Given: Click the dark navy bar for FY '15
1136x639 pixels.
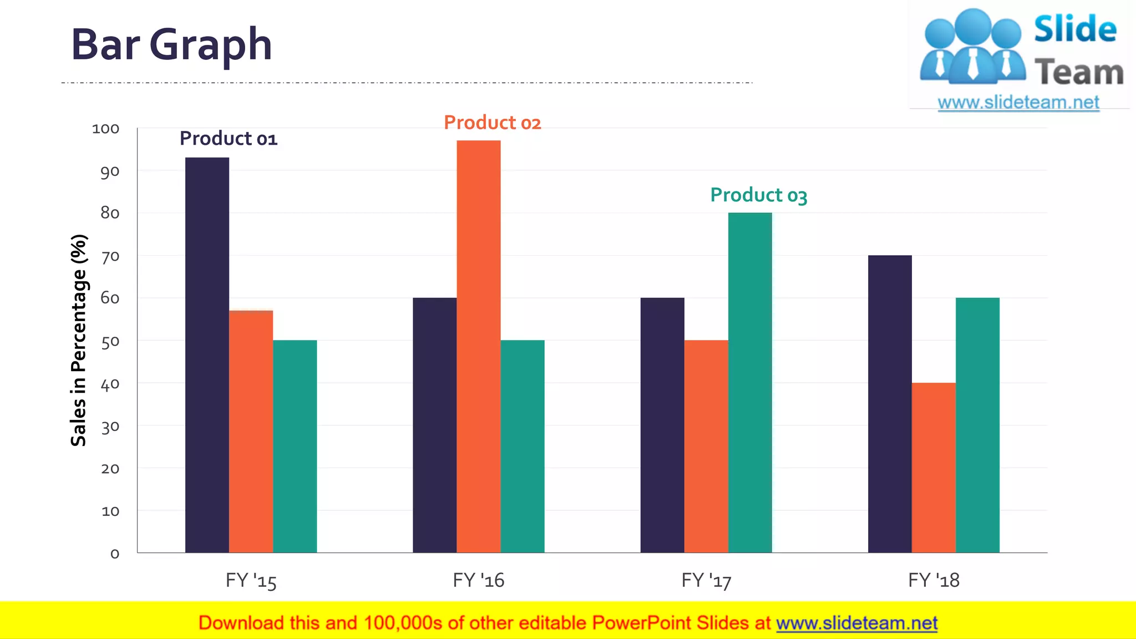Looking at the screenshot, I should pos(207,355).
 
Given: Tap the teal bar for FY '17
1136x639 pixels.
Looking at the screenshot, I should pos(750,383).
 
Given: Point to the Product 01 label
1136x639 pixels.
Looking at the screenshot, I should pos(228,138).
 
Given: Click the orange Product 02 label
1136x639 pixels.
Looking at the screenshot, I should pos(492,123).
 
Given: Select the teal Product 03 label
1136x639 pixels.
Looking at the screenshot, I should pos(758,195).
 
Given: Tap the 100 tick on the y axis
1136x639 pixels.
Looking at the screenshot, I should pos(105,129).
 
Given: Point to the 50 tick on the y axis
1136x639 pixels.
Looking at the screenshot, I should pos(110,341).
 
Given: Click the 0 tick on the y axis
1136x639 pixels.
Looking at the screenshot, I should pos(115,554).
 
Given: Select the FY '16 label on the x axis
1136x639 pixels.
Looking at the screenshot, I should pos(478,580).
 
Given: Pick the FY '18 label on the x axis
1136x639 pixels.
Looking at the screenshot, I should pos(934,580).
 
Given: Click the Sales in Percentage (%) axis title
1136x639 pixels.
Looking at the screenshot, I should pos(79,340).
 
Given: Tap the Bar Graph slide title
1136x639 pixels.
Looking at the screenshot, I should pos(171,44).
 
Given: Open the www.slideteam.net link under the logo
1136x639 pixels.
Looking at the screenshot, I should pos(1018,103).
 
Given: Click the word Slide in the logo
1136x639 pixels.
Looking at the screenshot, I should pos(1075,29).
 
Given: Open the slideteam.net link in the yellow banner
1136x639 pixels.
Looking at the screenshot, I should pos(856,623).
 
